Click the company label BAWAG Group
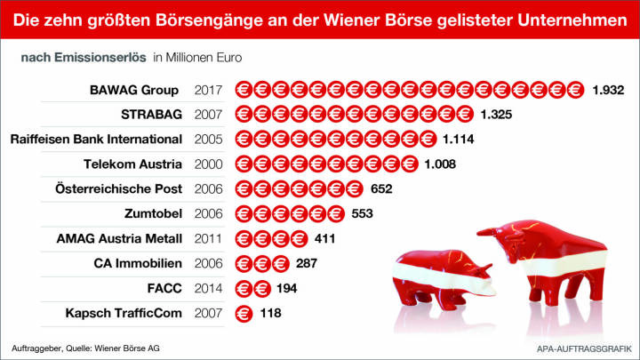134,90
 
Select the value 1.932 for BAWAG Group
610,90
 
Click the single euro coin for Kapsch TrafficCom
242,313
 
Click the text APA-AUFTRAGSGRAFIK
581,347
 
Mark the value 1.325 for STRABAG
497,115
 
